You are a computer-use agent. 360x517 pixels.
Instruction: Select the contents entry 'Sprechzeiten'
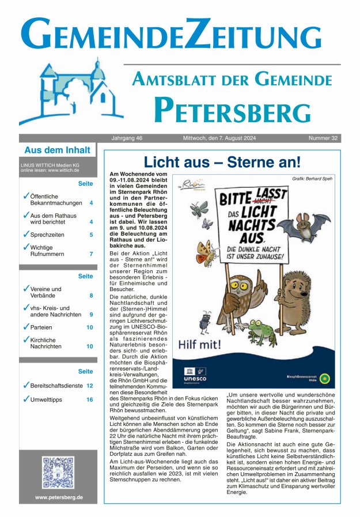[x=47, y=235]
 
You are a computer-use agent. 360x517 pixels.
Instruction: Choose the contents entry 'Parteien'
[x=43, y=327]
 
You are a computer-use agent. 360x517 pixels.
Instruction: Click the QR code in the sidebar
[x=58, y=472]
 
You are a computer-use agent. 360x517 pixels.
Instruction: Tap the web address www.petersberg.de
[x=58, y=497]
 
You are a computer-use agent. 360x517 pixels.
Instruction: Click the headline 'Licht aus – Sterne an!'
[x=222, y=163]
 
